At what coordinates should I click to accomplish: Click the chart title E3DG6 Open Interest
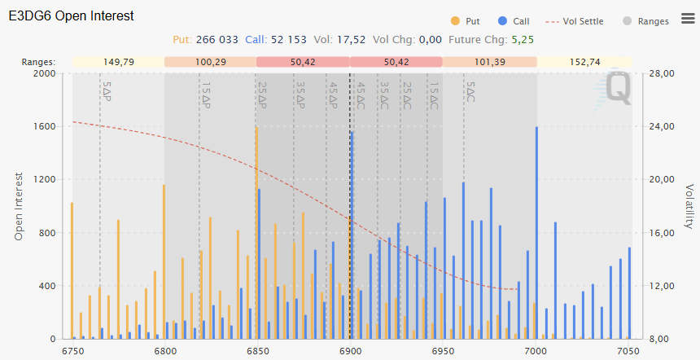pos(71,16)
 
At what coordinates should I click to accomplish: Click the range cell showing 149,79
pos(119,62)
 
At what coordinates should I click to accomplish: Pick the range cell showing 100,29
pos(211,62)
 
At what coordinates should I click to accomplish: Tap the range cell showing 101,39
pos(489,62)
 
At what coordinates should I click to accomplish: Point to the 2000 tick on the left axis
pos(44,74)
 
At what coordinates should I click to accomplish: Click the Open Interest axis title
pos(19,205)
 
